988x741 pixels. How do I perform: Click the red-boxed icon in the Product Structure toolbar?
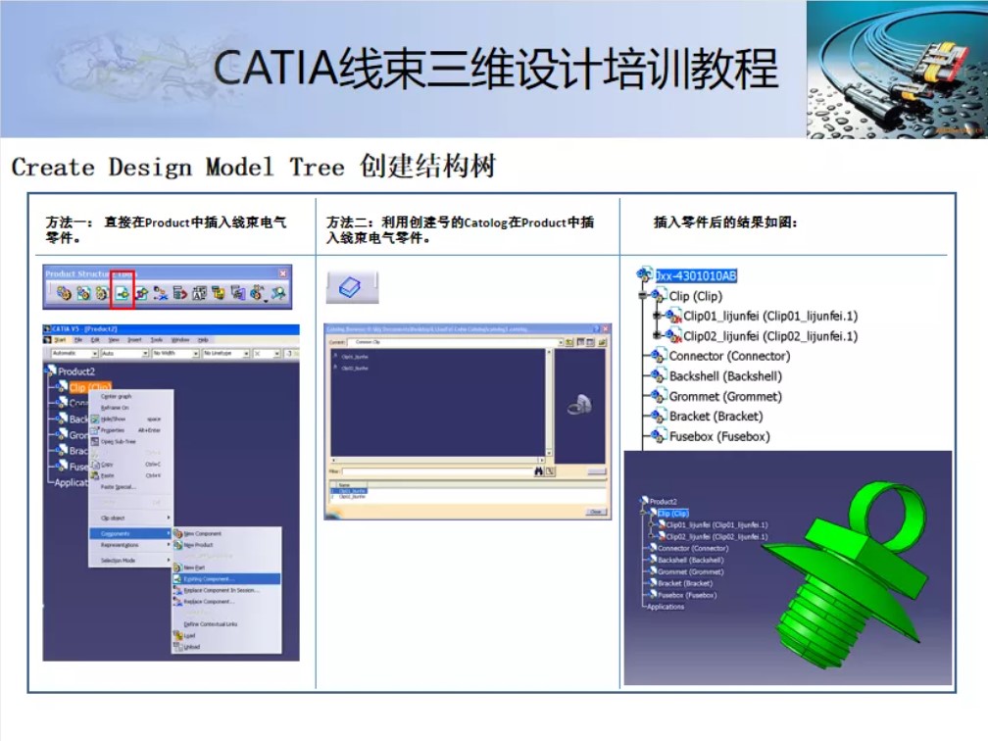click(123, 292)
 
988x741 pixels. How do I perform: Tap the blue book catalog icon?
click(351, 286)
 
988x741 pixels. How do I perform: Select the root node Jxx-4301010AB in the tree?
click(696, 275)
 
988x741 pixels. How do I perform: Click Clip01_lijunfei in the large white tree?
click(769, 316)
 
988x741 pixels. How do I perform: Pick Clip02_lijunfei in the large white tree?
click(769, 336)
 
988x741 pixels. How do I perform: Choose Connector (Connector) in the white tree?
click(728, 356)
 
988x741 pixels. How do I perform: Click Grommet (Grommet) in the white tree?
click(724, 396)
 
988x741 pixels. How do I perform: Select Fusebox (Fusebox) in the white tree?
click(718, 436)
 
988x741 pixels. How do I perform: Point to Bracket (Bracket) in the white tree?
click(716, 417)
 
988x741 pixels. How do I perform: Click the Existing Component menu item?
click(209, 579)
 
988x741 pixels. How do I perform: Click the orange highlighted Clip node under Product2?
click(89, 388)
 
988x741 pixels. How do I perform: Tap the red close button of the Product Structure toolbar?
click(283, 273)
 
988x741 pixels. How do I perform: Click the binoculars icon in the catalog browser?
click(538, 471)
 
